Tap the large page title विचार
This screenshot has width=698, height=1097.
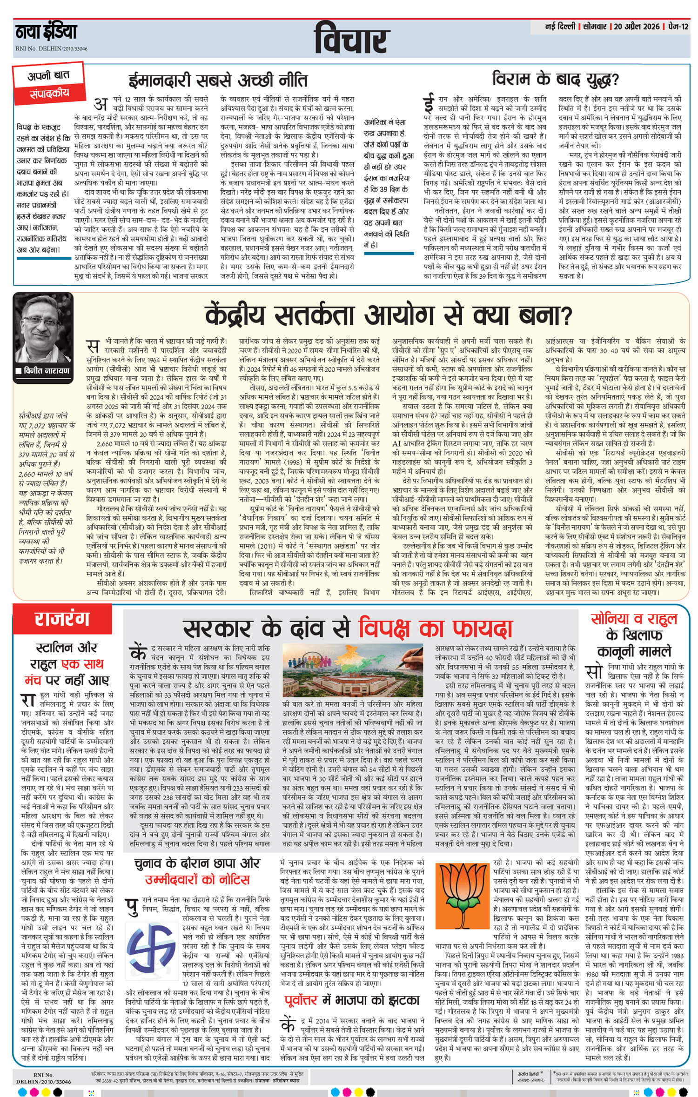pyautogui.click(x=351, y=40)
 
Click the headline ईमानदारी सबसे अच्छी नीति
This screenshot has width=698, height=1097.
pyautogui.click(x=218, y=80)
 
